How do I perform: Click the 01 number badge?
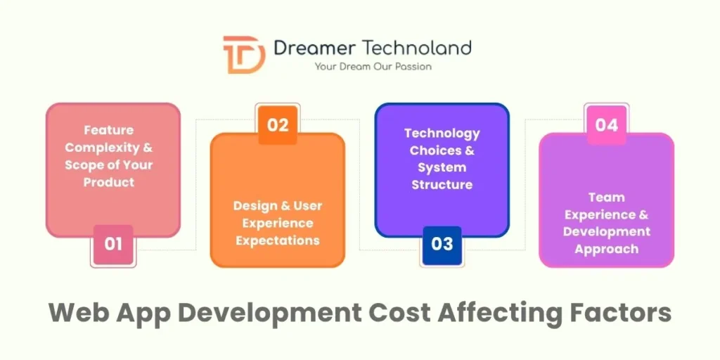(x=113, y=244)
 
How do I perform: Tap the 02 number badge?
(x=278, y=125)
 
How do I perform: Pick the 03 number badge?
(x=442, y=244)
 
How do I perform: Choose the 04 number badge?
(x=606, y=125)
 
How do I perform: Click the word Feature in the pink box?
(x=108, y=130)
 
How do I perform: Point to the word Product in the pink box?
(x=108, y=182)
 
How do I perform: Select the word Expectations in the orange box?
(x=278, y=240)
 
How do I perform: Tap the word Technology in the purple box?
(x=442, y=133)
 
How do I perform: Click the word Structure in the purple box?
(x=442, y=185)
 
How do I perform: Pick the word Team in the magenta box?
(x=606, y=198)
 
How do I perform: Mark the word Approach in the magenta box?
(x=606, y=249)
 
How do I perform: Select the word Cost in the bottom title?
(x=394, y=312)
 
